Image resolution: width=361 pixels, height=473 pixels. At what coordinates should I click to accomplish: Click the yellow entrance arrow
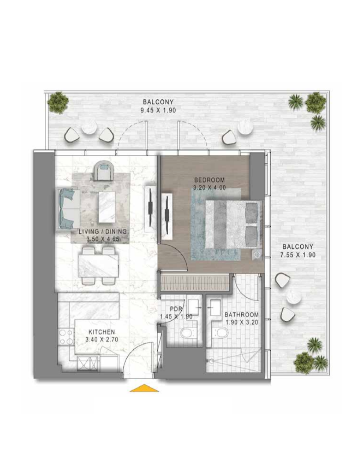pos(144,388)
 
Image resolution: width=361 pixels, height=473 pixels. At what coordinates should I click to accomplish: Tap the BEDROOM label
pos(209,180)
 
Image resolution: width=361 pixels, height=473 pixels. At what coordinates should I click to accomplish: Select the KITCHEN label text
pos(102,332)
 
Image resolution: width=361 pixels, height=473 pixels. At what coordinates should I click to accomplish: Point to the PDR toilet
pos(186,333)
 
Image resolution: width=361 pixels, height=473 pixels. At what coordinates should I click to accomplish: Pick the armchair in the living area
pos(104,170)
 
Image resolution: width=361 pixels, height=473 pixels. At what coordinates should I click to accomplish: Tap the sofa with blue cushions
pos(67,208)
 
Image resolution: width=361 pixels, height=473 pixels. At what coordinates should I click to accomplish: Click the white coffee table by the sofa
pos(107,207)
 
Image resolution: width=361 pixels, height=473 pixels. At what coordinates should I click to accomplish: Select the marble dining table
pos(99,266)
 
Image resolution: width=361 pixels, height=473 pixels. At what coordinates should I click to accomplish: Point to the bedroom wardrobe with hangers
pos(194,283)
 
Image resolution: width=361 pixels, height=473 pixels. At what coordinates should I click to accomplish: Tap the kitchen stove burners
pos(66,337)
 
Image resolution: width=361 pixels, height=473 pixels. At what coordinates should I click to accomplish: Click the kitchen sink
pos(87,363)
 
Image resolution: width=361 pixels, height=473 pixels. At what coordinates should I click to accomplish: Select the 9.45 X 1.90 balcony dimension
pos(158,110)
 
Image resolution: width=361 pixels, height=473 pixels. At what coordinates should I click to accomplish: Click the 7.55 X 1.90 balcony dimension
pos(298,255)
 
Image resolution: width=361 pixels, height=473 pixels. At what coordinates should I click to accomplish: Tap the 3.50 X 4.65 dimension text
pos(103,240)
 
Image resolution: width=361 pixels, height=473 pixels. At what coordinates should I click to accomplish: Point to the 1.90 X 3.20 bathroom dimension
pos(242,322)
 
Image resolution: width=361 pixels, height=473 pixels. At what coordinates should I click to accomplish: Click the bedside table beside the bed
pos(257,254)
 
